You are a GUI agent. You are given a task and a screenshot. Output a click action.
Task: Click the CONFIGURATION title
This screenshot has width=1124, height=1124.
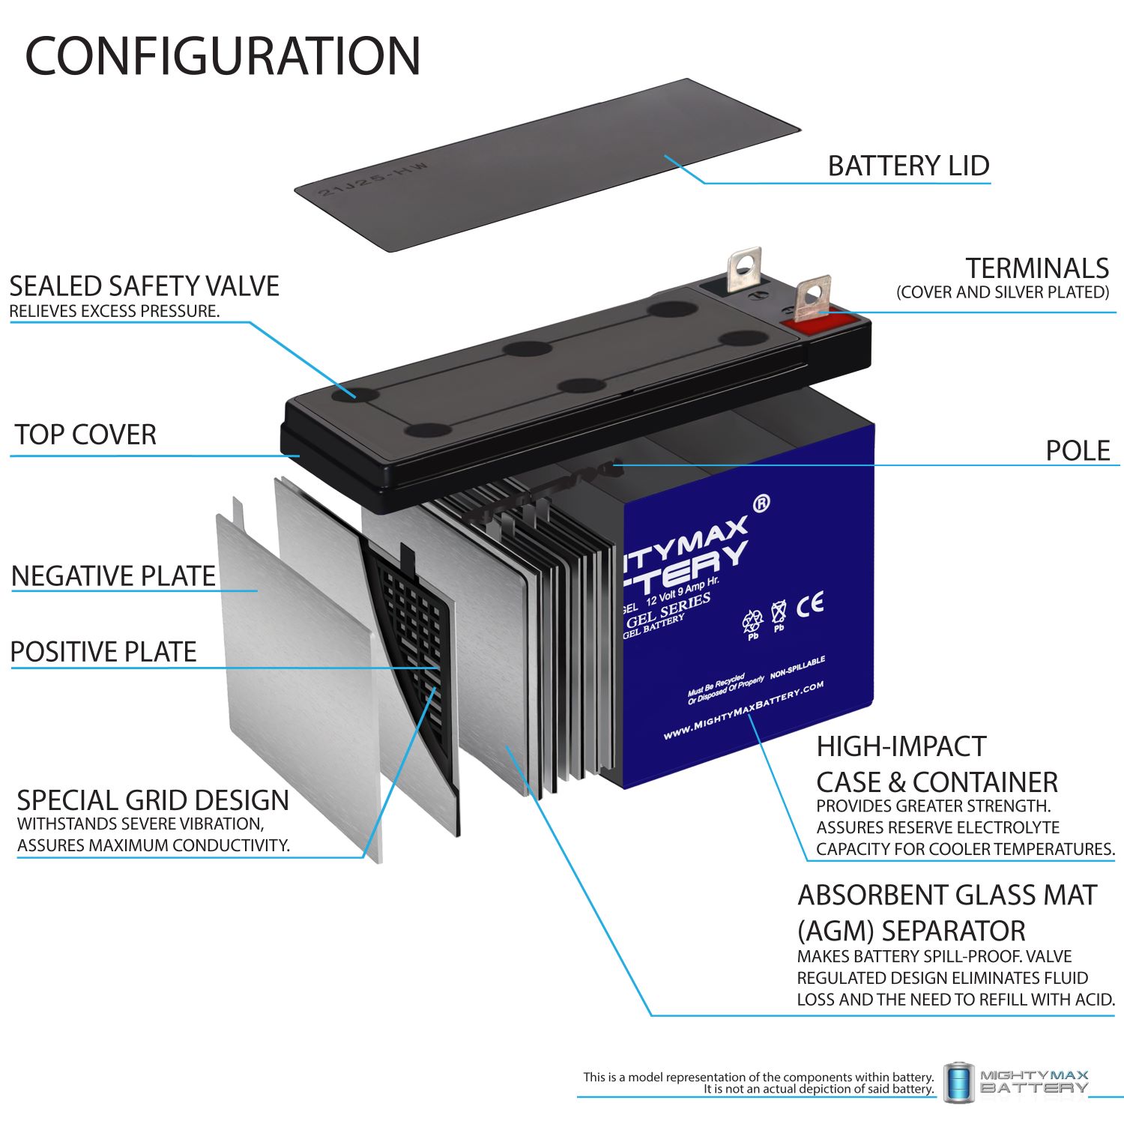tap(223, 56)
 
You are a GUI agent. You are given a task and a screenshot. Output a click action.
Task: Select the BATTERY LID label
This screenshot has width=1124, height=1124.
tap(907, 166)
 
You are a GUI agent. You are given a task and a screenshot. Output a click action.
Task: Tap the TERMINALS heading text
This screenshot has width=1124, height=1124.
tap(1036, 268)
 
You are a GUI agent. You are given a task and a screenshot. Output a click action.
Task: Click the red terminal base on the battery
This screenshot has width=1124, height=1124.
tap(817, 324)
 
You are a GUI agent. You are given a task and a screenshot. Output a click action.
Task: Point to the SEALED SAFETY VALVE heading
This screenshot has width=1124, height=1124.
tap(144, 286)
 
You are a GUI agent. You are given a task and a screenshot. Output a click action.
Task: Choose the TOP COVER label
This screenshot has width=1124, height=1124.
tap(85, 435)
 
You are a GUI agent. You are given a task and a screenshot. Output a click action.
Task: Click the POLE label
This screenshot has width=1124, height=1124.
tap(1077, 450)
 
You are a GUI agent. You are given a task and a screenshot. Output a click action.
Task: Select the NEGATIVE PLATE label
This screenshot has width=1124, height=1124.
tap(113, 575)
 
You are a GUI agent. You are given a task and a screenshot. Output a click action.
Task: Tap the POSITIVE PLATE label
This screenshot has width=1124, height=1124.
tap(103, 652)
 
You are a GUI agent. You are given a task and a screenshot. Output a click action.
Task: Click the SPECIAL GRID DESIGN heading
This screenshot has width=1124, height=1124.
tap(153, 800)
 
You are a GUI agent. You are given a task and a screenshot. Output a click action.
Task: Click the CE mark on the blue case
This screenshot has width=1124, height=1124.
tap(810, 603)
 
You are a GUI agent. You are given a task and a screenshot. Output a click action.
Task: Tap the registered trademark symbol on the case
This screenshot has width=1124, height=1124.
tap(760, 504)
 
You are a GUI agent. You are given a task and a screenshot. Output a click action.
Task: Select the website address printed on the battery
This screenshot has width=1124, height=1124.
tap(743, 710)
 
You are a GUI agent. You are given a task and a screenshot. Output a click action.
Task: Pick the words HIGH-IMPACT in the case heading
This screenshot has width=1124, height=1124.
tap(901, 746)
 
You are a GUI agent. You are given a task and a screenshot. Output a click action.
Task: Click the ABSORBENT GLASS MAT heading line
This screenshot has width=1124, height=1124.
tap(946, 895)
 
